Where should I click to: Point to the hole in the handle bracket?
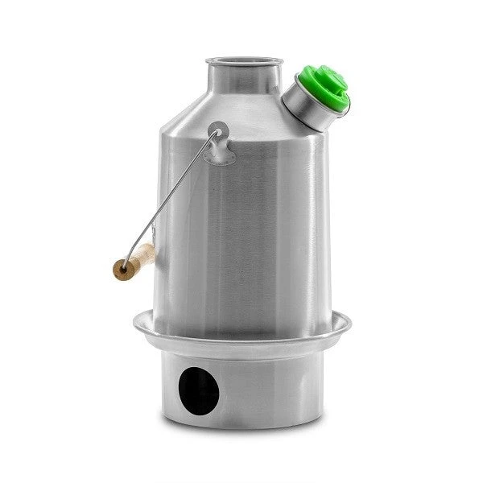[x=217, y=129]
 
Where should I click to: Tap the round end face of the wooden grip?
[x=121, y=268]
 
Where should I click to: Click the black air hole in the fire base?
[x=199, y=390]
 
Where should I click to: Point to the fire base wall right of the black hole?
[x=266, y=386]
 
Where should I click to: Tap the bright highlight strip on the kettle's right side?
[x=310, y=225]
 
